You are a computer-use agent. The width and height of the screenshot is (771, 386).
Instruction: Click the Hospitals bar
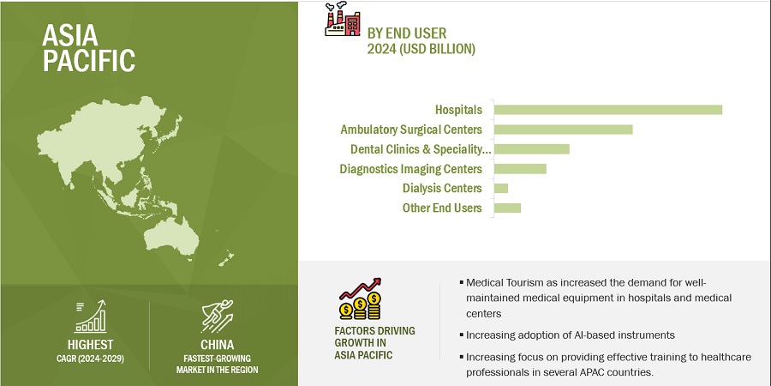pos(607,110)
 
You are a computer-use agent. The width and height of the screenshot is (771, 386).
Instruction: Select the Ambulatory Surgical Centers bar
pos(563,130)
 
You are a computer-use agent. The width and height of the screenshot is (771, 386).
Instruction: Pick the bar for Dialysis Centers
pos(501,189)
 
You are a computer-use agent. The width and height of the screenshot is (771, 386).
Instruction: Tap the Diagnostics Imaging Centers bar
pos(520,169)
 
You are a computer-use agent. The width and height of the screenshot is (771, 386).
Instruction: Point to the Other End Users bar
pos(507,208)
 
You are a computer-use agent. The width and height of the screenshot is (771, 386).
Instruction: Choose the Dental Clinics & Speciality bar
pos(531,149)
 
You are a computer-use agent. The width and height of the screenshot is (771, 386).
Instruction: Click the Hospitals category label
pos(459,110)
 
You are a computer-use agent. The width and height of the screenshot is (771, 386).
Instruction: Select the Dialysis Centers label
pos(442,189)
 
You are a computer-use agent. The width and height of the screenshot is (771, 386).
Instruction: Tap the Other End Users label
pos(442,208)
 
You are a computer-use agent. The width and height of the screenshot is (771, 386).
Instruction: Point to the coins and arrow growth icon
pos(361,299)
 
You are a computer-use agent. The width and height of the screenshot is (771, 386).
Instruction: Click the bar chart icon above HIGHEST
pos(91,317)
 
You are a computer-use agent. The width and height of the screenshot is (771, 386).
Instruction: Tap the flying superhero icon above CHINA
pos(217,317)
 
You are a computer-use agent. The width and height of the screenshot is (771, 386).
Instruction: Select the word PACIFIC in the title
pos(88,60)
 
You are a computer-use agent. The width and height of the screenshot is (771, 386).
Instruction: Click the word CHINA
pos(217,345)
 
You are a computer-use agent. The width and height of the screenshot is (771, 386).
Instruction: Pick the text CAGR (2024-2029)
pos(91,359)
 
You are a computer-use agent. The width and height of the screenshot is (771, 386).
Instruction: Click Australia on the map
pos(171,236)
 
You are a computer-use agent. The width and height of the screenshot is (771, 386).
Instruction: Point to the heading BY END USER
pos(407,33)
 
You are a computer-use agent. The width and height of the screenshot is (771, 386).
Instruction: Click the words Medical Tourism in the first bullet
pos(499,283)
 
